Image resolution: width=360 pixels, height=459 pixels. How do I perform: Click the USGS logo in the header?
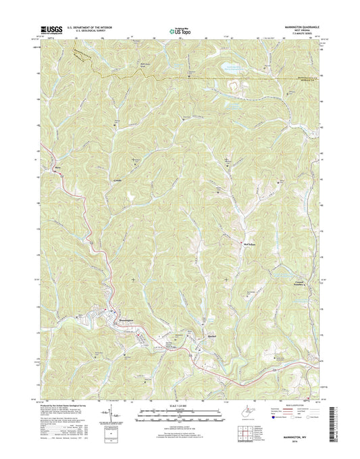[x=52, y=30]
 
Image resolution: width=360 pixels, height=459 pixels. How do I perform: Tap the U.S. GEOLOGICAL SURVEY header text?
[x=87, y=30]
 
